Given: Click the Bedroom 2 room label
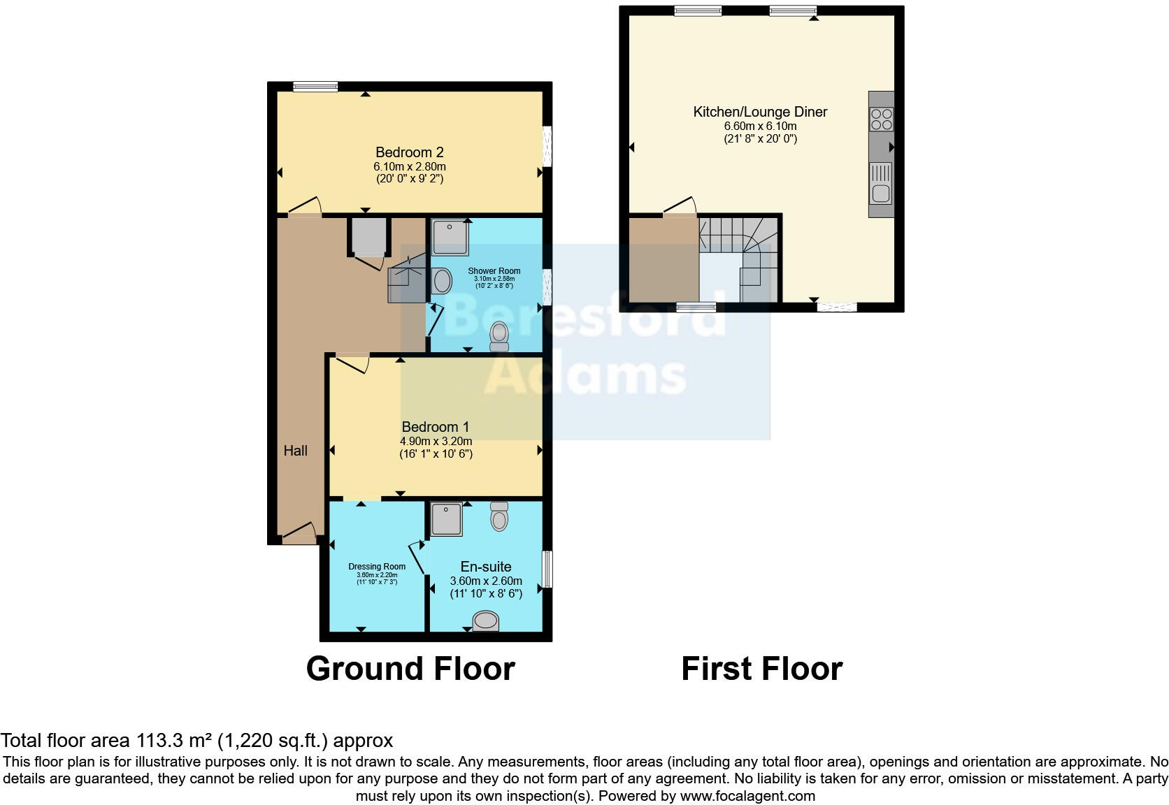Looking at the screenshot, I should coord(409,152).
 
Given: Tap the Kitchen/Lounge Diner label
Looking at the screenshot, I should coord(760,112).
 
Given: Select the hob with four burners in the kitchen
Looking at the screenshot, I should coord(881,119).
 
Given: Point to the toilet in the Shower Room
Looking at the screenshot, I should coord(499,336).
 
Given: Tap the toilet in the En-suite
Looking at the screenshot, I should coord(499,516).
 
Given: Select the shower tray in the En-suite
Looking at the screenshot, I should coord(445,519).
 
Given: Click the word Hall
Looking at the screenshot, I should coord(295,451).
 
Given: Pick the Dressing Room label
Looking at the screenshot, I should coord(377,567).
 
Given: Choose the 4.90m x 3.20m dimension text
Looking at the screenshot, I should coord(436,441).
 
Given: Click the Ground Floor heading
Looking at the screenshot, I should coord(410,669).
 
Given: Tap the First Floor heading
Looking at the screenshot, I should coord(761,669).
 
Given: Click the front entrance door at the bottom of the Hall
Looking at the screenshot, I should coord(299,535).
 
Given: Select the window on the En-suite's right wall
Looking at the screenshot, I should coord(548,570).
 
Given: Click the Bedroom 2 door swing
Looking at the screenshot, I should coord(306,206).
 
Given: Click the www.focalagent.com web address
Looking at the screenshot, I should coord(747,795).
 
